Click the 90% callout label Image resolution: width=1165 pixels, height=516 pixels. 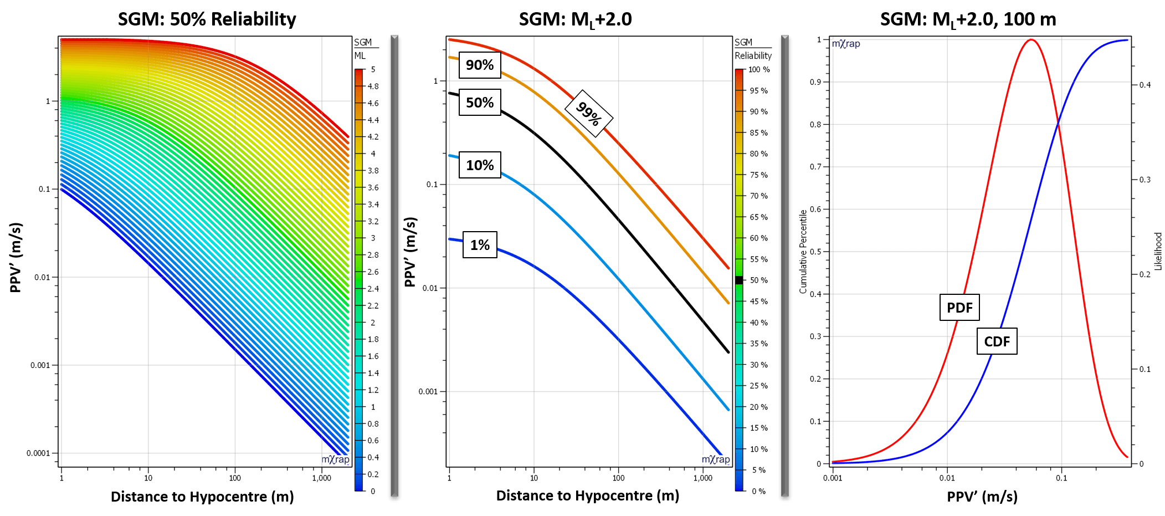(x=480, y=65)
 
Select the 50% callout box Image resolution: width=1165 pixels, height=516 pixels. (x=480, y=103)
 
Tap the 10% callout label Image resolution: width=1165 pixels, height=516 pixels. (x=480, y=165)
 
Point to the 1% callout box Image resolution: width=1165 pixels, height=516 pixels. (x=480, y=245)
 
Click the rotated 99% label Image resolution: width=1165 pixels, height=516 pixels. (x=588, y=114)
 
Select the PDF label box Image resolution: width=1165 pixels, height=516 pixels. (x=959, y=308)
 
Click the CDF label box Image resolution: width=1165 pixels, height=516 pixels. (x=997, y=341)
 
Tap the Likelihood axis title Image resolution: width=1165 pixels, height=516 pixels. (x=1158, y=251)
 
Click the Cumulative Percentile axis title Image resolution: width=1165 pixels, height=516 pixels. (x=803, y=251)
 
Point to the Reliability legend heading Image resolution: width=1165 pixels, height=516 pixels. (x=753, y=55)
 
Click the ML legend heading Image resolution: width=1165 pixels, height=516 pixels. (x=360, y=55)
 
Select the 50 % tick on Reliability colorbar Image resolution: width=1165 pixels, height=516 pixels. (x=758, y=280)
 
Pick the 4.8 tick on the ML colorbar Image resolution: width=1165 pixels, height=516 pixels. (x=373, y=86)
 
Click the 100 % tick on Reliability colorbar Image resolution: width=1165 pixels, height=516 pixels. (x=758, y=70)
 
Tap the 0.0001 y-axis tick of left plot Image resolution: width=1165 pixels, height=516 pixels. (x=38, y=453)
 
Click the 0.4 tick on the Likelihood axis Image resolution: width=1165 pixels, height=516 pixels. (x=1145, y=85)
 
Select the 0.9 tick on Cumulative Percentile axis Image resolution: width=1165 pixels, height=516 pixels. (x=815, y=82)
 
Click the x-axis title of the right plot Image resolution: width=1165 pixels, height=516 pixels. (x=982, y=497)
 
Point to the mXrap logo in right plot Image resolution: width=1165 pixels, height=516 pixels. (x=846, y=44)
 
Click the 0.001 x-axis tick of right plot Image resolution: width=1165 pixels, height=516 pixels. (x=833, y=478)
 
